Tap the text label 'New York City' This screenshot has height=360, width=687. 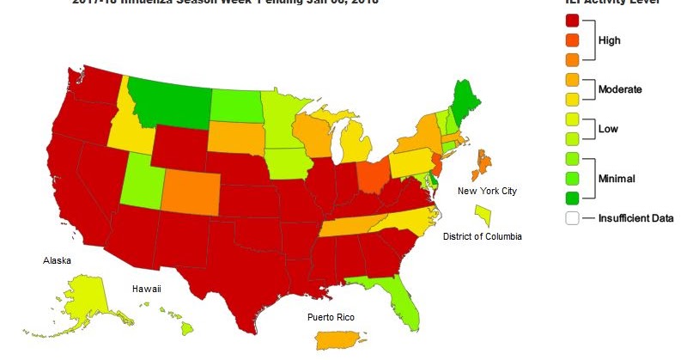(x=486, y=191)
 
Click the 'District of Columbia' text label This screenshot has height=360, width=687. (x=482, y=236)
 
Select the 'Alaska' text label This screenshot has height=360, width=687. (x=57, y=260)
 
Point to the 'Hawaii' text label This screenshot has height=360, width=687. (x=146, y=290)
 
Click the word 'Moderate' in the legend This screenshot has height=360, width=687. (x=621, y=89)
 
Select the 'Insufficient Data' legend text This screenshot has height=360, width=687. (x=635, y=218)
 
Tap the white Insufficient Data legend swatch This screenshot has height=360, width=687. (x=572, y=218)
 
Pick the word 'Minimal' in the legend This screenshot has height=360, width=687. (x=617, y=179)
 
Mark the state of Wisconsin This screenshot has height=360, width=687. (x=313, y=133)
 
